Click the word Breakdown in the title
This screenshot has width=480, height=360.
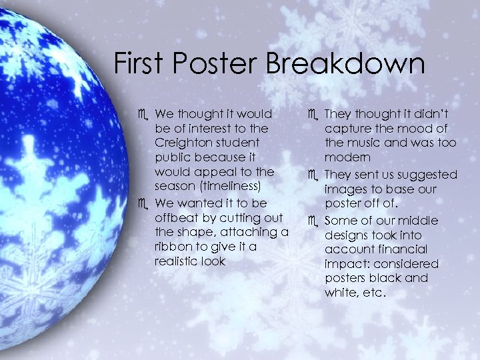click(x=345, y=64)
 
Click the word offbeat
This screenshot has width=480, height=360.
click(x=178, y=217)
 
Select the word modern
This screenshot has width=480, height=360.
click(x=347, y=158)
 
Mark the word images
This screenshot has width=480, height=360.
click(x=345, y=189)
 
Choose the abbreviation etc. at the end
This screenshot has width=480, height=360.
click(x=373, y=292)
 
